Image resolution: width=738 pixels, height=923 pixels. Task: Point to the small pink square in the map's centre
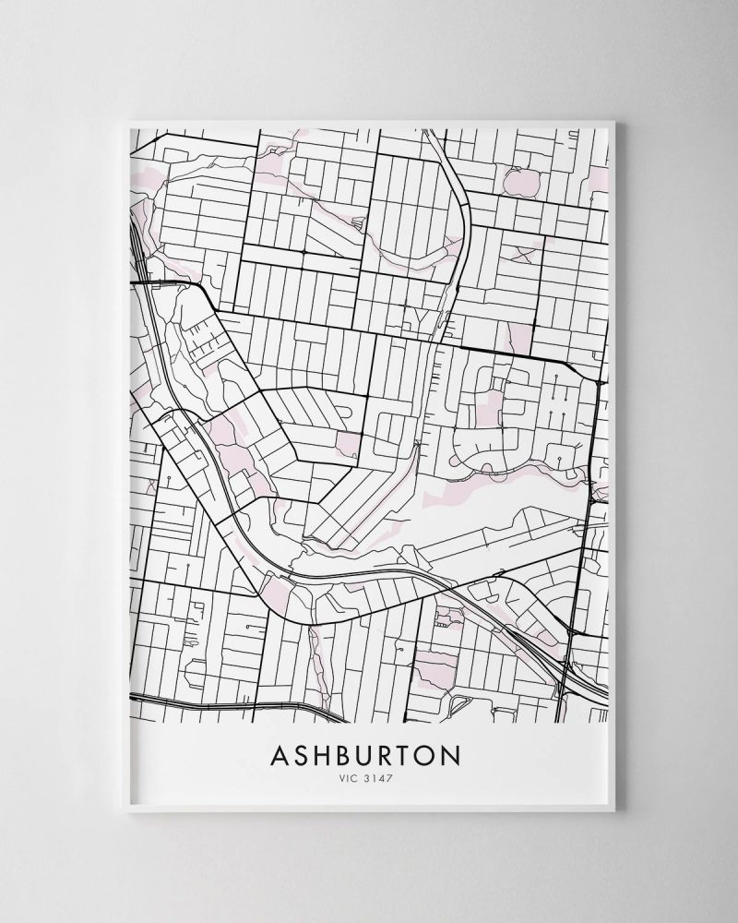(x=350, y=444)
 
